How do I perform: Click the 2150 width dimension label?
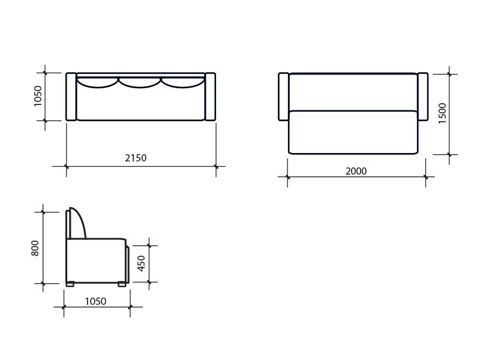point(136,158)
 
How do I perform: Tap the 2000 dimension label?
point(356,171)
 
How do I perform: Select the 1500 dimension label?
point(443,113)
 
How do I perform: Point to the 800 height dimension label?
point(35,248)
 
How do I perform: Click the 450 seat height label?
point(141,263)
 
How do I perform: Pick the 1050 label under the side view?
point(95,302)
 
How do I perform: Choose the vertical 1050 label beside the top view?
point(37,96)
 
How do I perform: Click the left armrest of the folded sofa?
point(71,97)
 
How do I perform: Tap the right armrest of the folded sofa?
point(211,97)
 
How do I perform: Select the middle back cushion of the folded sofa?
point(140,83)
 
